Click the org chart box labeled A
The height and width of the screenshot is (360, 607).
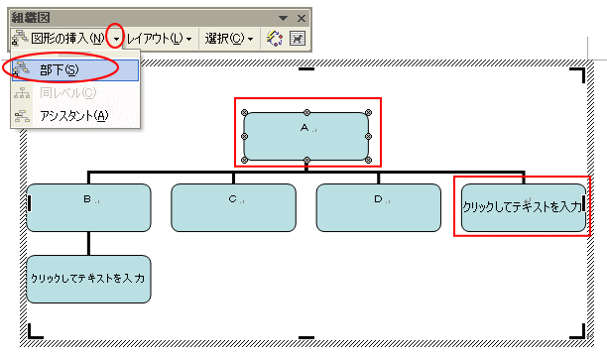306,136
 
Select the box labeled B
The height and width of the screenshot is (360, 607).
89,207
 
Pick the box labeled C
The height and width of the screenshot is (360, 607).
233,207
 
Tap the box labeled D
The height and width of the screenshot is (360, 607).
378,207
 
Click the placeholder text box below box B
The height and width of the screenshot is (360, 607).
89,279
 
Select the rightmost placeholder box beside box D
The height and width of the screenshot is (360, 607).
523,207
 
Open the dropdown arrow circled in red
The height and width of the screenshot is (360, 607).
117,39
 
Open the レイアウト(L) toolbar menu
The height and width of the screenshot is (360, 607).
159,39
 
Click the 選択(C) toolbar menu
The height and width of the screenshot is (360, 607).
229,39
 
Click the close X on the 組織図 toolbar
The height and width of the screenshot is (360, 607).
300,18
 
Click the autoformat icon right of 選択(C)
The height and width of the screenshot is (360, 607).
275,39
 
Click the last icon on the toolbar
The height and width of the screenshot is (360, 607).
297,39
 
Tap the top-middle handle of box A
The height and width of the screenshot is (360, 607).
306,111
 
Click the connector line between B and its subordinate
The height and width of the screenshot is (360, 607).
89,243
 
